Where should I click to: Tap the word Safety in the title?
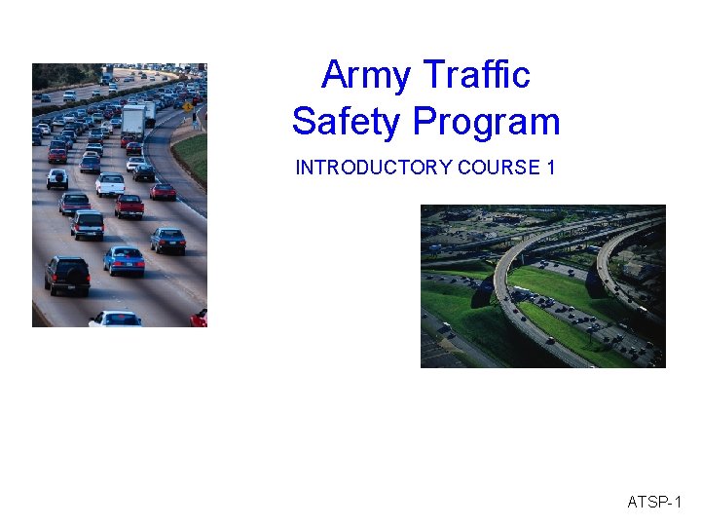coord(347,122)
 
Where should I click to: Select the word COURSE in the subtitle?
coord(498,168)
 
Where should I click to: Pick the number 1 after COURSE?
coord(551,168)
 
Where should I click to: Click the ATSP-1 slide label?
coord(655,503)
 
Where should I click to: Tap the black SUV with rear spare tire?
coord(67,275)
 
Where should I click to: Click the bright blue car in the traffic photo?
coord(124,259)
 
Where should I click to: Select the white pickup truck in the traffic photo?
coord(109,184)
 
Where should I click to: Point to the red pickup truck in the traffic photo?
coord(129,206)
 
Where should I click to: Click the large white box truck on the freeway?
coord(133,123)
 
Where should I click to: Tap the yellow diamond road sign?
coord(187,106)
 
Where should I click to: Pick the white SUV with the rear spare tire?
coord(57,178)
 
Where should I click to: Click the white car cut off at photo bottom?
coord(115,319)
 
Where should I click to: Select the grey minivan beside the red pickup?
coord(88,224)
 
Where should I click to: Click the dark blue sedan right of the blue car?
coord(167,240)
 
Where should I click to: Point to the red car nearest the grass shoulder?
coord(163,191)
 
